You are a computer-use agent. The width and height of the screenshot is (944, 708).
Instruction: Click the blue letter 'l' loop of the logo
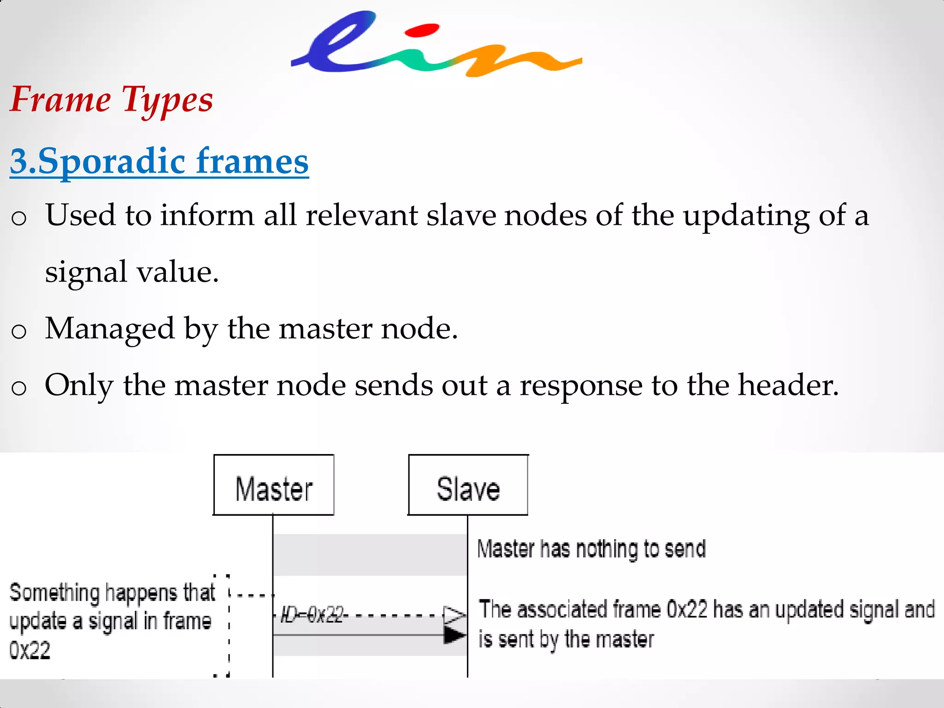coord(336,44)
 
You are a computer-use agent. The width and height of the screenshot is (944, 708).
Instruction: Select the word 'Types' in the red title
coord(167,100)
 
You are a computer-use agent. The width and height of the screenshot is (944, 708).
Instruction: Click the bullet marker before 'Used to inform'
coord(19,218)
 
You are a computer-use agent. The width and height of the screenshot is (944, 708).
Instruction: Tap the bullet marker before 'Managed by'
coord(19,331)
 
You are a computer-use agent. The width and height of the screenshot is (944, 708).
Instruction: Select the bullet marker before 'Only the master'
coord(19,388)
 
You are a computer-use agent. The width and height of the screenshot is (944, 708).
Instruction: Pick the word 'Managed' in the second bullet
coord(110,329)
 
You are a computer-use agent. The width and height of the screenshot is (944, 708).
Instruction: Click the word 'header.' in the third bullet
coord(788,385)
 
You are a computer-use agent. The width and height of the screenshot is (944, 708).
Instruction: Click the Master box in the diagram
coord(274,485)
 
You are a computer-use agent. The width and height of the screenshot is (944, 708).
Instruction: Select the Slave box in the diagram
coord(468,485)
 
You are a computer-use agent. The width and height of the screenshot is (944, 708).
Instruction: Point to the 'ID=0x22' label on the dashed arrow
coord(313,614)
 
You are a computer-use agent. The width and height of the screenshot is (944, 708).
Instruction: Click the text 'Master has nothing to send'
coord(591,549)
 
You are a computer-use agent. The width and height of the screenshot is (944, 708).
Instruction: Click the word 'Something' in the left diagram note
coord(54,593)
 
